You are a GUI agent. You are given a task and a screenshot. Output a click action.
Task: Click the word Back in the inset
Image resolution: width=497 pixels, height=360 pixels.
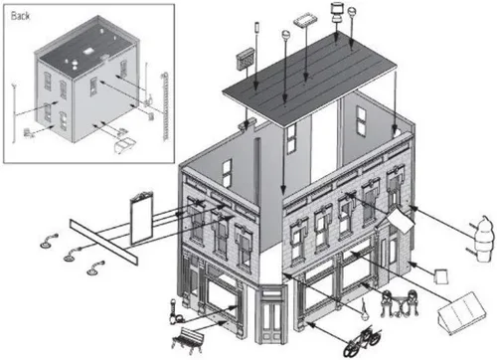(x=20, y=16)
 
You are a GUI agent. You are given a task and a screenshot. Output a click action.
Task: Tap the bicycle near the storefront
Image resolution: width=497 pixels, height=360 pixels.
(x=362, y=342)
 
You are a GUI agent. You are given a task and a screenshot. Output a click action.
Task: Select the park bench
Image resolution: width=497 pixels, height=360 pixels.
(x=188, y=340)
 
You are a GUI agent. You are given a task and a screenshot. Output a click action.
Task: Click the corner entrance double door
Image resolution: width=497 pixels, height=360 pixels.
(x=271, y=314)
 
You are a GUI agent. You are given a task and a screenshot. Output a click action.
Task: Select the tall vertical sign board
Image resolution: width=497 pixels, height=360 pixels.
(x=142, y=217)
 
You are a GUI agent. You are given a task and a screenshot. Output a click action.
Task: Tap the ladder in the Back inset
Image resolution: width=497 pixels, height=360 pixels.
(x=165, y=107)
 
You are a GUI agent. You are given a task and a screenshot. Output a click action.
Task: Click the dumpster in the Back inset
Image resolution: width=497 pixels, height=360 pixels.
(x=124, y=145)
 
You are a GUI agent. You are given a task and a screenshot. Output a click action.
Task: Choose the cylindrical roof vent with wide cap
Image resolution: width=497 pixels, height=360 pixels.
(x=337, y=13)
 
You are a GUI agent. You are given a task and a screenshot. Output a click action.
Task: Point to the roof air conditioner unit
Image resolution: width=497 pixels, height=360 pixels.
(x=246, y=60)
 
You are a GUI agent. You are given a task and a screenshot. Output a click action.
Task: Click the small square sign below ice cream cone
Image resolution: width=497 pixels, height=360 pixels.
(x=441, y=276)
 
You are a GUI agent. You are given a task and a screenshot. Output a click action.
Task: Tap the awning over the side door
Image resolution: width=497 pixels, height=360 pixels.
(x=401, y=220)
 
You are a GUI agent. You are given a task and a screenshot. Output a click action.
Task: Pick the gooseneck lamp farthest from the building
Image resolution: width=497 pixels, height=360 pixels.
(x=48, y=242)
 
